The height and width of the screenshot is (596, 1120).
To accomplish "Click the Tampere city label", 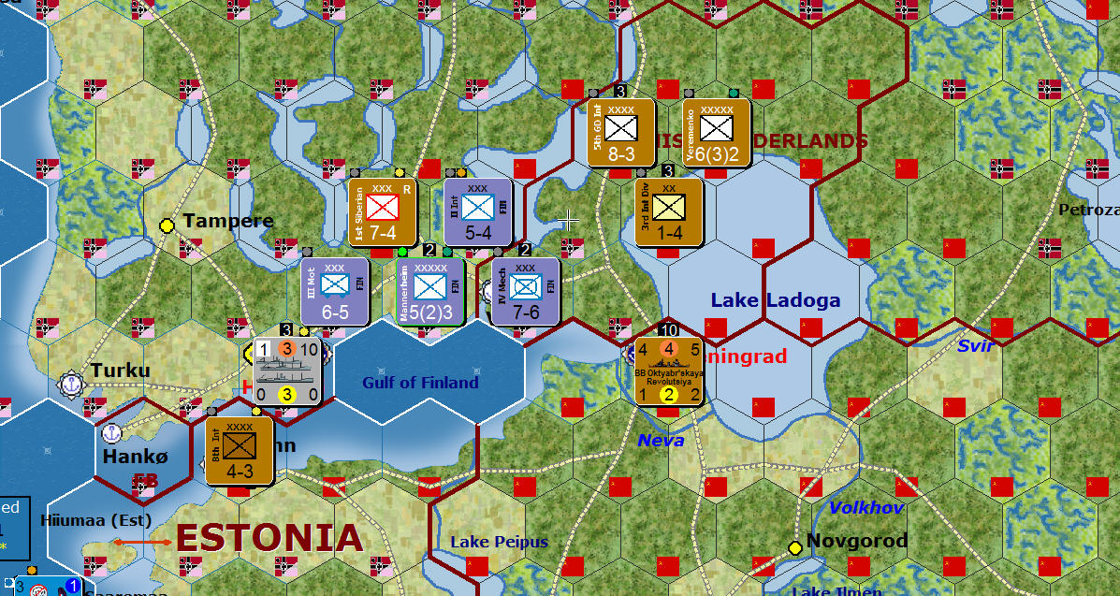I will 228,221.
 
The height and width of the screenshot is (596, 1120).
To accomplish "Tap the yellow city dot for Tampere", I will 167,225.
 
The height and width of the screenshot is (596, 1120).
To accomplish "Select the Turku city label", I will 121,371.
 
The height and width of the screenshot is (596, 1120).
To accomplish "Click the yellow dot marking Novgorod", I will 795,547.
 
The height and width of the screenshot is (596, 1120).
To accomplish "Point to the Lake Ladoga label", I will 776,300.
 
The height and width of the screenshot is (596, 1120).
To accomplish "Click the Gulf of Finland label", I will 420,383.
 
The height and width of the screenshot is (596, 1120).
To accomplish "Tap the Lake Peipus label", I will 499,542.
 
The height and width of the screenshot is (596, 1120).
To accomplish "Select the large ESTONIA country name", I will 269,538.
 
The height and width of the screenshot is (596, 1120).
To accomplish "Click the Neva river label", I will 661,440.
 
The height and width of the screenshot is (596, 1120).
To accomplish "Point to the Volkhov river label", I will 866,508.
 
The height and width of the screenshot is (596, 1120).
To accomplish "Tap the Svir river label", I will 975,346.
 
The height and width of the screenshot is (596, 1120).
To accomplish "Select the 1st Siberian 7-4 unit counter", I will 383,212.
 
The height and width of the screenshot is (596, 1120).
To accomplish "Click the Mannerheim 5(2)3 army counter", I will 429,292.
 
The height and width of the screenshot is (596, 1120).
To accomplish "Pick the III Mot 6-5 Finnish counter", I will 335,292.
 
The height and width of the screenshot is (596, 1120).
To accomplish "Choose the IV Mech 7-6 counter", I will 525,292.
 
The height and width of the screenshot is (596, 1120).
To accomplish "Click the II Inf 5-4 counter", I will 478,212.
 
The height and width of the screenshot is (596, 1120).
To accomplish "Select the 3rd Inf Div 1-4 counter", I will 669,212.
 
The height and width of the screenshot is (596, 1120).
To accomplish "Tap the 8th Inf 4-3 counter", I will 240,451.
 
